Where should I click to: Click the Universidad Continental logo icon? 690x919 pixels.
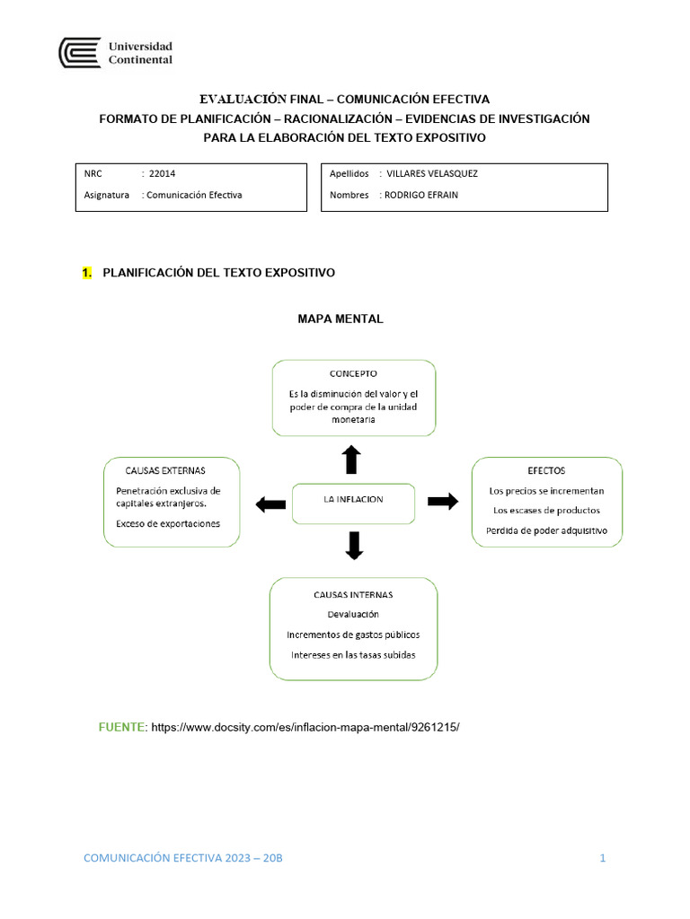click(x=79, y=53)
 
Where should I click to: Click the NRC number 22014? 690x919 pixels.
click(x=163, y=174)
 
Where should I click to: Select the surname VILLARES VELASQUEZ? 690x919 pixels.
click(x=431, y=174)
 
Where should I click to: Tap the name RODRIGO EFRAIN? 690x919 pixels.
click(x=421, y=195)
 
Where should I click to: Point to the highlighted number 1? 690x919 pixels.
click(x=86, y=273)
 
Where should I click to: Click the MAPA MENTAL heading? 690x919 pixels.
click(x=341, y=319)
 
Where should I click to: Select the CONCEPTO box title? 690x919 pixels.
click(x=353, y=373)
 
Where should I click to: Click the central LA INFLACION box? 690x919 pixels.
click(x=353, y=500)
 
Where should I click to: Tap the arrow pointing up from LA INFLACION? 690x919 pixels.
click(x=351, y=459)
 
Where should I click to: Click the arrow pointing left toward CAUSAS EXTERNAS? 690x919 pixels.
click(x=270, y=504)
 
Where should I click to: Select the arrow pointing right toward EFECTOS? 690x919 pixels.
click(x=442, y=502)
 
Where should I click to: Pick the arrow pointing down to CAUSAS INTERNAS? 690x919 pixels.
click(x=354, y=546)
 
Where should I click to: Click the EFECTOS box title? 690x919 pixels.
click(x=546, y=470)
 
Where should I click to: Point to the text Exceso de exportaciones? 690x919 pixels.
click(x=168, y=524)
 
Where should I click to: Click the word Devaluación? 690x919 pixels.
click(x=353, y=614)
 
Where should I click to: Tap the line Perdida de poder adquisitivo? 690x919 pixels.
click(x=546, y=530)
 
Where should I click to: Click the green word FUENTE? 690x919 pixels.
click(x=122, y=726)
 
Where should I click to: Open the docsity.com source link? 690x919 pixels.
click(x=305, y=726)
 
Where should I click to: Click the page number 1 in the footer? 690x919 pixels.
click(x=603, y=858)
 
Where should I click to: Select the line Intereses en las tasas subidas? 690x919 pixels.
click(x=353, y=655)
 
